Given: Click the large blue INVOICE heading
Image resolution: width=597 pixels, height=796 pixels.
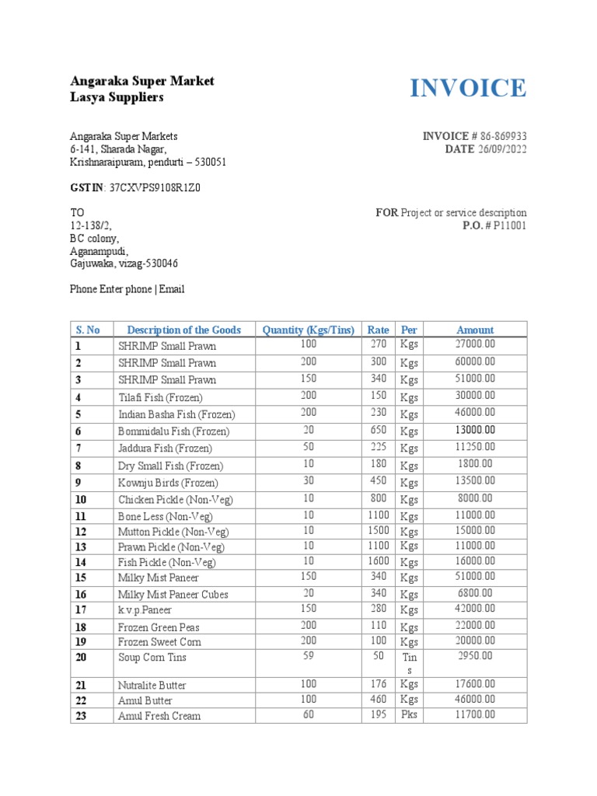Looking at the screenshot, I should point(468,89).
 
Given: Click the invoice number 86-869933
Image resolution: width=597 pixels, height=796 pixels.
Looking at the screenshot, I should point(499,137).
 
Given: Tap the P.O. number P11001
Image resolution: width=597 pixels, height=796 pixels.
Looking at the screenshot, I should point(507,225).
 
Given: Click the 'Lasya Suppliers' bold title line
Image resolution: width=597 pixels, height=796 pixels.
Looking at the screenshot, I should point(117,97).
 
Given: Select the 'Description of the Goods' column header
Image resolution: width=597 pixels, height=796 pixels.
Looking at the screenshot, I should point(183,330).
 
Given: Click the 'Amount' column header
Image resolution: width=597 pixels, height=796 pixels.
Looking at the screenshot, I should point(475,330).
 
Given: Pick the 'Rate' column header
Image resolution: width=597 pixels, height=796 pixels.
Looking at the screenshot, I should point(379,330).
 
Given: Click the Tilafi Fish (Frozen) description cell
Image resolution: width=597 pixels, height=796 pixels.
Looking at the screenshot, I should point(160,397).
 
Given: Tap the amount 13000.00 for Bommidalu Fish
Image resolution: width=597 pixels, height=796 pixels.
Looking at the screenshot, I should point(475,430).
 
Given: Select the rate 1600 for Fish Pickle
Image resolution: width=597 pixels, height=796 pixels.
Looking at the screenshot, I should point(379,560).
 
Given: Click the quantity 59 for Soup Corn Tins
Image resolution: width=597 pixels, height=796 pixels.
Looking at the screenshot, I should point(309,655).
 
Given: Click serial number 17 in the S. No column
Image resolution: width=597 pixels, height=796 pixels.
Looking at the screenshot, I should point(81,610).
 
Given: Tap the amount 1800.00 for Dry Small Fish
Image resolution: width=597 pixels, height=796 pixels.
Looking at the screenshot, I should point(475,464).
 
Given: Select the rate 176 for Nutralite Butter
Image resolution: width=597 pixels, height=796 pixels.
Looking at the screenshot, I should point(379,684).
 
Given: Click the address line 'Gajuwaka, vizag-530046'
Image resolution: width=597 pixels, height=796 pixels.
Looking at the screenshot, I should point(124,264).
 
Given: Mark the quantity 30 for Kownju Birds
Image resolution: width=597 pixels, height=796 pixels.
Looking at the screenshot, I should point(309,481).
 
